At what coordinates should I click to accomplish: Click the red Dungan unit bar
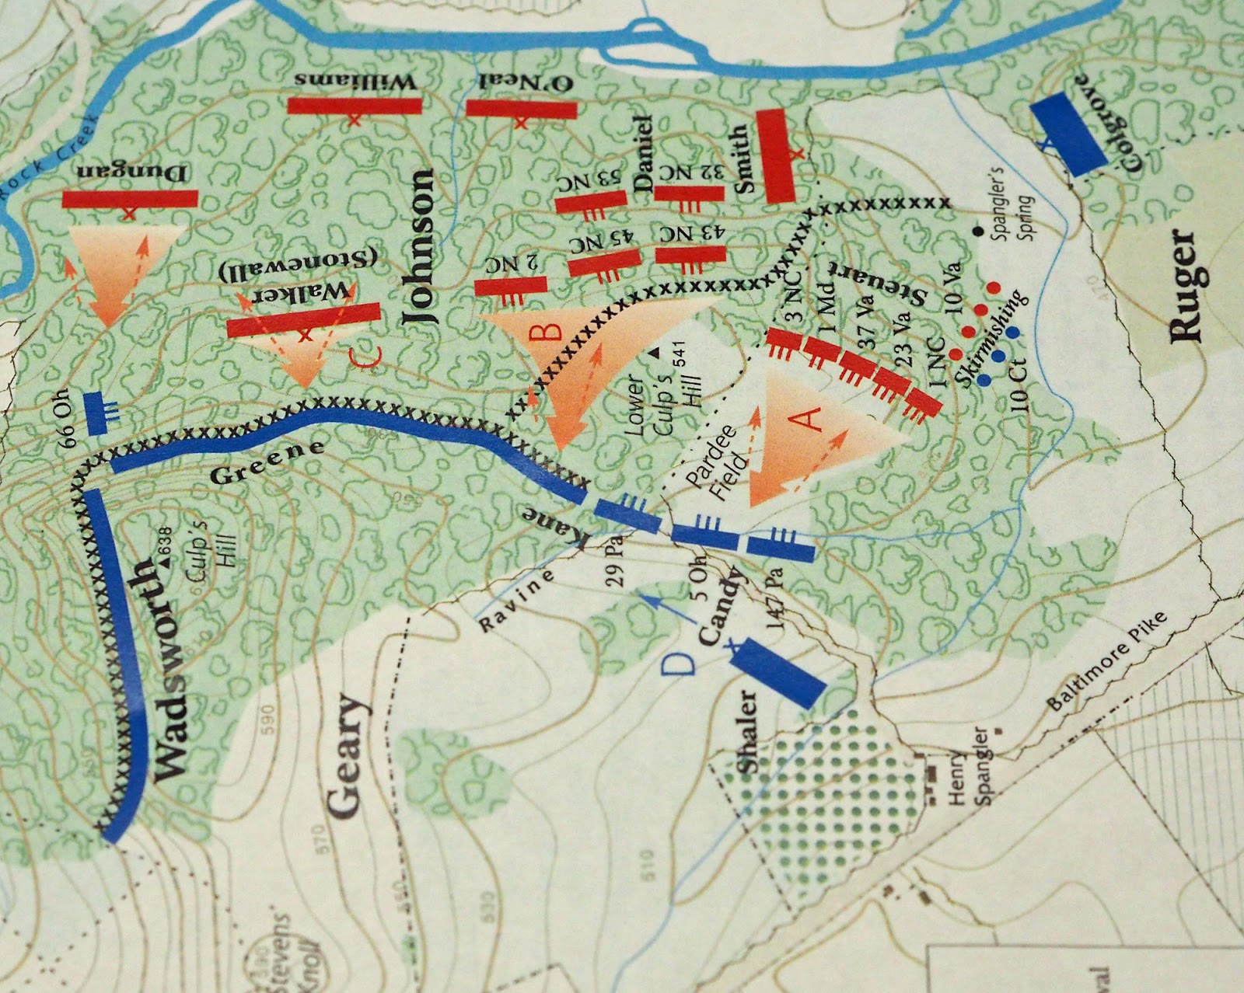pyautogui.click(x=130, y=199)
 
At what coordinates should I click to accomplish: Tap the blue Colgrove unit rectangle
pyautogui.click(x=1069, y=132)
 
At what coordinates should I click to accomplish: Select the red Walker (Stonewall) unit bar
pyautogui.click(x=303, y=319)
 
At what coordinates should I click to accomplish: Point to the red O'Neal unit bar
pyautogui.click(x=521, y=108)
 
